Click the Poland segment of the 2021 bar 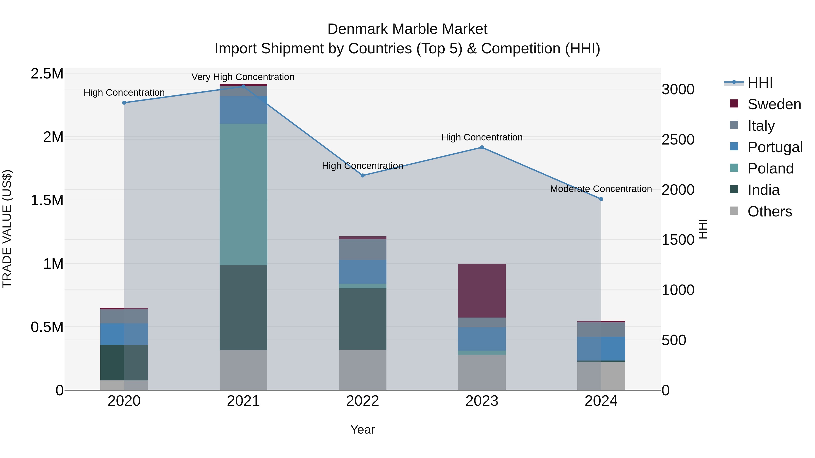click(243, 194)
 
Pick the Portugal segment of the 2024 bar click(601, 348)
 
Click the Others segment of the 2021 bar click(243, 370)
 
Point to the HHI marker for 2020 click(124, 103)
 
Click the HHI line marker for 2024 click(601, 199)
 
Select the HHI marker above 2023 click(482, 147)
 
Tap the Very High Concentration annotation click(243, 77)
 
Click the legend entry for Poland click(770, 168)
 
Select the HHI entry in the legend click(760, 83)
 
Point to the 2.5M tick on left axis click(47, 74)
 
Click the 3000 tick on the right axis click(678, 89)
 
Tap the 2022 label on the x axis click(363, 401)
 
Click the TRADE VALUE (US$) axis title click(7, 229)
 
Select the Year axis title click(363, 430)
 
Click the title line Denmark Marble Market click(407, 29)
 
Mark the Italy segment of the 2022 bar click(363, 249)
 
